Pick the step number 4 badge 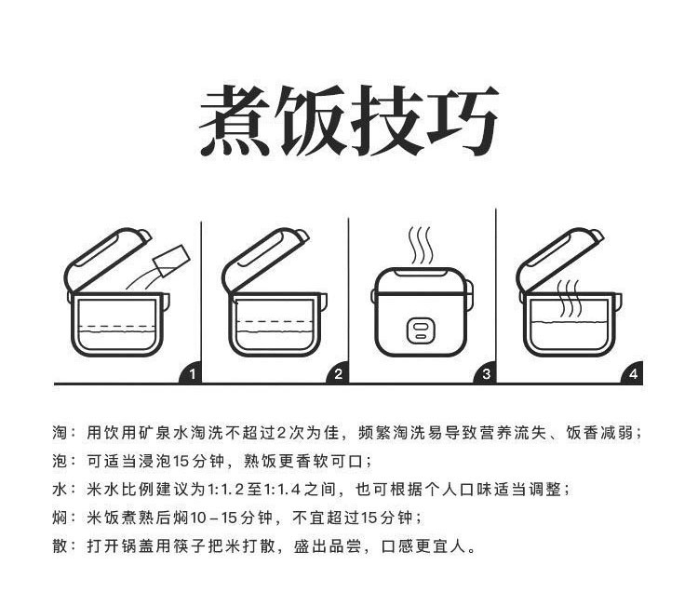pos(634,374)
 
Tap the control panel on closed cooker pos(422,328)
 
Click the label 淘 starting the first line pos(60,433)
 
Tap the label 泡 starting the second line pos(60,461)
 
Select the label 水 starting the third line pos(60,489)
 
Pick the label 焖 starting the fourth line pos(60,517)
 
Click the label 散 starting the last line pos(60,545)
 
